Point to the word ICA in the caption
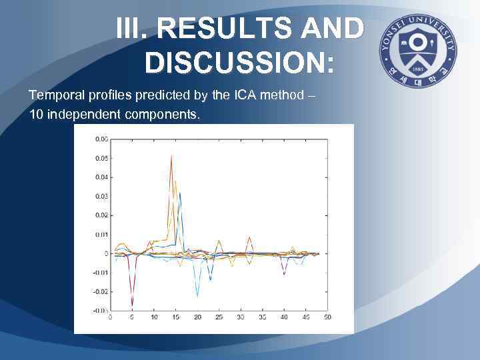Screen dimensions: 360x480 [x=235, y=95]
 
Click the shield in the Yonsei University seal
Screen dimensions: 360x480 [x=418, y=46]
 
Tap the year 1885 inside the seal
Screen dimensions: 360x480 [x=418, y=67]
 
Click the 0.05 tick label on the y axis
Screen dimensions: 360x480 [x=101, y=158]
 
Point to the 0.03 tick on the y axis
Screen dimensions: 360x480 [x=101, y=196]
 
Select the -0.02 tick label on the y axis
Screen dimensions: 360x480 [x=99, y=291]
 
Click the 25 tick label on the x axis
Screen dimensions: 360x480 [x=219, y=317]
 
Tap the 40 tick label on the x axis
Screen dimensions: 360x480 [x=283, y=317]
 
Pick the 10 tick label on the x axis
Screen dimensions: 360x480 [x=154, y=317]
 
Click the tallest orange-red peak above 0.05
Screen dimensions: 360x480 [x=171, y=156]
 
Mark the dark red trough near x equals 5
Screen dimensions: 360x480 [x=132, y=304]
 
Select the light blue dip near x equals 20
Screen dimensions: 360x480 [x=197, y=295]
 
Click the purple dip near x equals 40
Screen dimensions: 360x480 [x=284, y=274]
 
